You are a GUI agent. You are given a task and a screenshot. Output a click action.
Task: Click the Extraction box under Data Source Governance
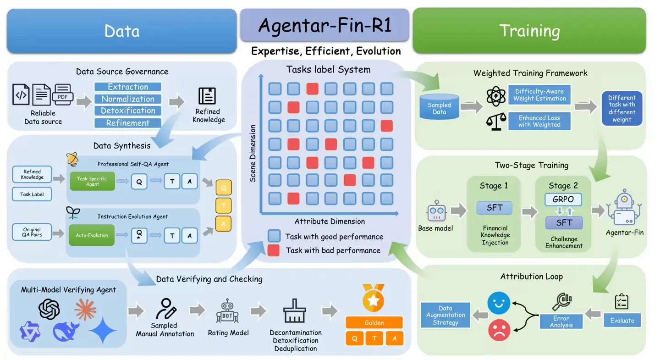128,87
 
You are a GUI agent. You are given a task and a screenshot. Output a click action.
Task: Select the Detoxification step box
128,111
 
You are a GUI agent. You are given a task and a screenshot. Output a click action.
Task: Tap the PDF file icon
63,95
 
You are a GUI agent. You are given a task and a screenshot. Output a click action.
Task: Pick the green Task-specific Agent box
92,181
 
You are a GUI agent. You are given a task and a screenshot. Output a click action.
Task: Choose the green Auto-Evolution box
92,235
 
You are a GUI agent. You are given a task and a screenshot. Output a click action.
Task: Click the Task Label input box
32,194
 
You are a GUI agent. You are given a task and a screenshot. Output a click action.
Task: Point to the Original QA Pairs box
32,233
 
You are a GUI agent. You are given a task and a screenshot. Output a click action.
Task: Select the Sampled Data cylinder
439,108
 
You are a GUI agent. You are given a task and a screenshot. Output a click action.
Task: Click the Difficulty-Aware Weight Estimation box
539,95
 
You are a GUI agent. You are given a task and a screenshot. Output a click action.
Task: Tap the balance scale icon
495,122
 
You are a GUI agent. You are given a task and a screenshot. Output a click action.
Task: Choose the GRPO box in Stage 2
563,200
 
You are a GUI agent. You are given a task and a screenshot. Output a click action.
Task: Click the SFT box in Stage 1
495,208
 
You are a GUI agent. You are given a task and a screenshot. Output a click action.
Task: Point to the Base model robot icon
436,212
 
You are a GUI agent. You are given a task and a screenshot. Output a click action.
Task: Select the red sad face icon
499,330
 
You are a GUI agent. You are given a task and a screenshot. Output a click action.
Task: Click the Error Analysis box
561,321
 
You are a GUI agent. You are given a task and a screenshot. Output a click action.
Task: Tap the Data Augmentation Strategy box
445,315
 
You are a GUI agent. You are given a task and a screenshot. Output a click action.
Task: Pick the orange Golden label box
374,322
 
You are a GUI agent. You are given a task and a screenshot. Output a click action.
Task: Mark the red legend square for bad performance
274,250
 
